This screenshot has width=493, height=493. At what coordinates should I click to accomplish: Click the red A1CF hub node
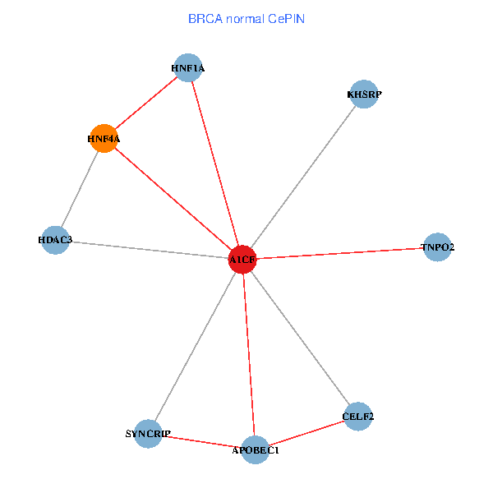coord(242,260)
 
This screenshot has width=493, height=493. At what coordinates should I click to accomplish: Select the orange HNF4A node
coord(104,139)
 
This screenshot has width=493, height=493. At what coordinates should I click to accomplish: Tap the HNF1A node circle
coord(188,68)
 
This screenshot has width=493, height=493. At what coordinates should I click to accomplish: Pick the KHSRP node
coord(363,94)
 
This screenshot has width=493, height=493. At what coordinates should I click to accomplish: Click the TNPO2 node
coord(438,246)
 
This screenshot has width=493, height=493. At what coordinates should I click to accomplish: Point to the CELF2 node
coord(358,417)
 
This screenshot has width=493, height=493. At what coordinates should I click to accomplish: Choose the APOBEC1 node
coord(256,449)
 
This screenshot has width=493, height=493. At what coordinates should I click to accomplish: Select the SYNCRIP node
coord(149,433)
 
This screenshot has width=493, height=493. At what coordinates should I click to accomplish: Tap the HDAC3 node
coord(55,240)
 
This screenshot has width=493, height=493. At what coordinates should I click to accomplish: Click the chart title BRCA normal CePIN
coord(246,18)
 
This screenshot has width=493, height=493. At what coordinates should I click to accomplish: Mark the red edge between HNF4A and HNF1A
coord(146,104)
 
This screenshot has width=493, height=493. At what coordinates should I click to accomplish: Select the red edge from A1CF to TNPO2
coord(340,253)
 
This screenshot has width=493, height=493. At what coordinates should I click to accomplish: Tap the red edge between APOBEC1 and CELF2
coord(306,433)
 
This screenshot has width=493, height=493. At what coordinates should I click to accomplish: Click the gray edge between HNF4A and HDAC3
coord(79,190)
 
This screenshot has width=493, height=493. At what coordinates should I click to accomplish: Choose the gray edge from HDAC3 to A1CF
coord(148,250)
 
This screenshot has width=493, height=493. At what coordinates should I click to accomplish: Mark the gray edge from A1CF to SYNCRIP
coord(196,346)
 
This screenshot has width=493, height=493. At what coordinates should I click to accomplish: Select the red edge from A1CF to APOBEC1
coord(249,354)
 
